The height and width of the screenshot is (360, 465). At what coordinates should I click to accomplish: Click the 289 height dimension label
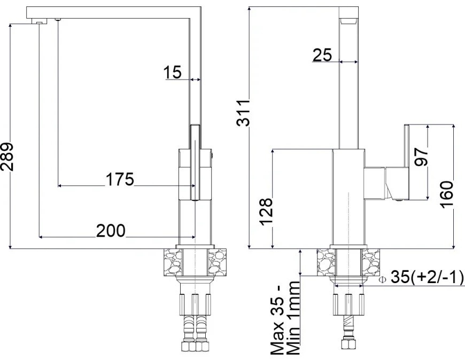coord(7,156)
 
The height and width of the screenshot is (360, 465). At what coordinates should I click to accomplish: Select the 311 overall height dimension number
coord(244,113)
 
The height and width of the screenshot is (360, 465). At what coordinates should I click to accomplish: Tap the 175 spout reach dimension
coord(120,179)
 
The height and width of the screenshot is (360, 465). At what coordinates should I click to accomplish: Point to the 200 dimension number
coord(111,231)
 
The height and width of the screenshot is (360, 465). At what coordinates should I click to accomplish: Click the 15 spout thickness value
coord(173,72)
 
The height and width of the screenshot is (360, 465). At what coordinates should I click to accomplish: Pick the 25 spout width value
coord(322,55)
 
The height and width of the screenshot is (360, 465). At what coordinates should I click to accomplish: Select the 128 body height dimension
coord(266,212)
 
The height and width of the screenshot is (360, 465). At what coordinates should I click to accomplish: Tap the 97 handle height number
coord(421,158)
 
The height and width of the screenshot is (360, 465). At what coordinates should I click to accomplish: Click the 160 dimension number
coord(447,194)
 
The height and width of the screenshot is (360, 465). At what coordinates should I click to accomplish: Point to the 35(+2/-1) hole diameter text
coord(427,277)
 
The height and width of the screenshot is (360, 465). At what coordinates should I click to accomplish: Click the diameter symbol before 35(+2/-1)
coord(383,279)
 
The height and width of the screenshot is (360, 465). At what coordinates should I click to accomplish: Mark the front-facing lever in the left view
coord(195,162)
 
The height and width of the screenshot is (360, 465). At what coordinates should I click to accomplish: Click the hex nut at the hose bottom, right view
coord(348,345)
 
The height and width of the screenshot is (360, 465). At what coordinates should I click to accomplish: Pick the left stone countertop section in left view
coord(173,262)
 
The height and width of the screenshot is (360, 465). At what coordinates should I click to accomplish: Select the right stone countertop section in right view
coord(371,262)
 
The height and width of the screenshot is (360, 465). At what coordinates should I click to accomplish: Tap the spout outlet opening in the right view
coord(348,21)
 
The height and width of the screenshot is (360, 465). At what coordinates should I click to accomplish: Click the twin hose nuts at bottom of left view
coord(195,346)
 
